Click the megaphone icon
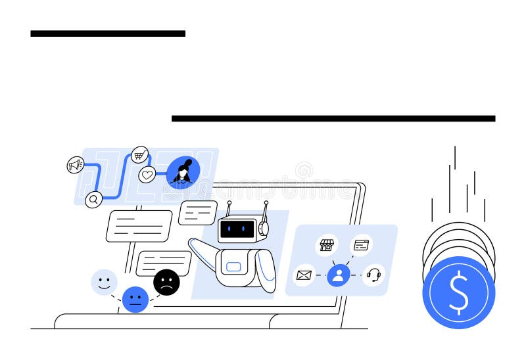[76, 165]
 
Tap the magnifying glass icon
[94, 199]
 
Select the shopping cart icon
[140, 155]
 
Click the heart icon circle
[147, 175]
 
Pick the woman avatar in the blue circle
[183, 173]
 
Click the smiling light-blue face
[104, 282]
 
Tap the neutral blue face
[135, 300]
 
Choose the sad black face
[166, 282]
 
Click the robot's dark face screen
[237, 229]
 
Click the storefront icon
[327, 245]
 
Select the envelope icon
[304, 275]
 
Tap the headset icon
[373, 275]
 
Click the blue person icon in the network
[339, 275]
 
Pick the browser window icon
[361, 245]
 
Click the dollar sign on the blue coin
[458, 293]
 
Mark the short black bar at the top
[108, 33]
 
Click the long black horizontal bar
[333, 118]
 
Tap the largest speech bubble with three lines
[139, 226]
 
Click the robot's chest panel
[234, 267]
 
